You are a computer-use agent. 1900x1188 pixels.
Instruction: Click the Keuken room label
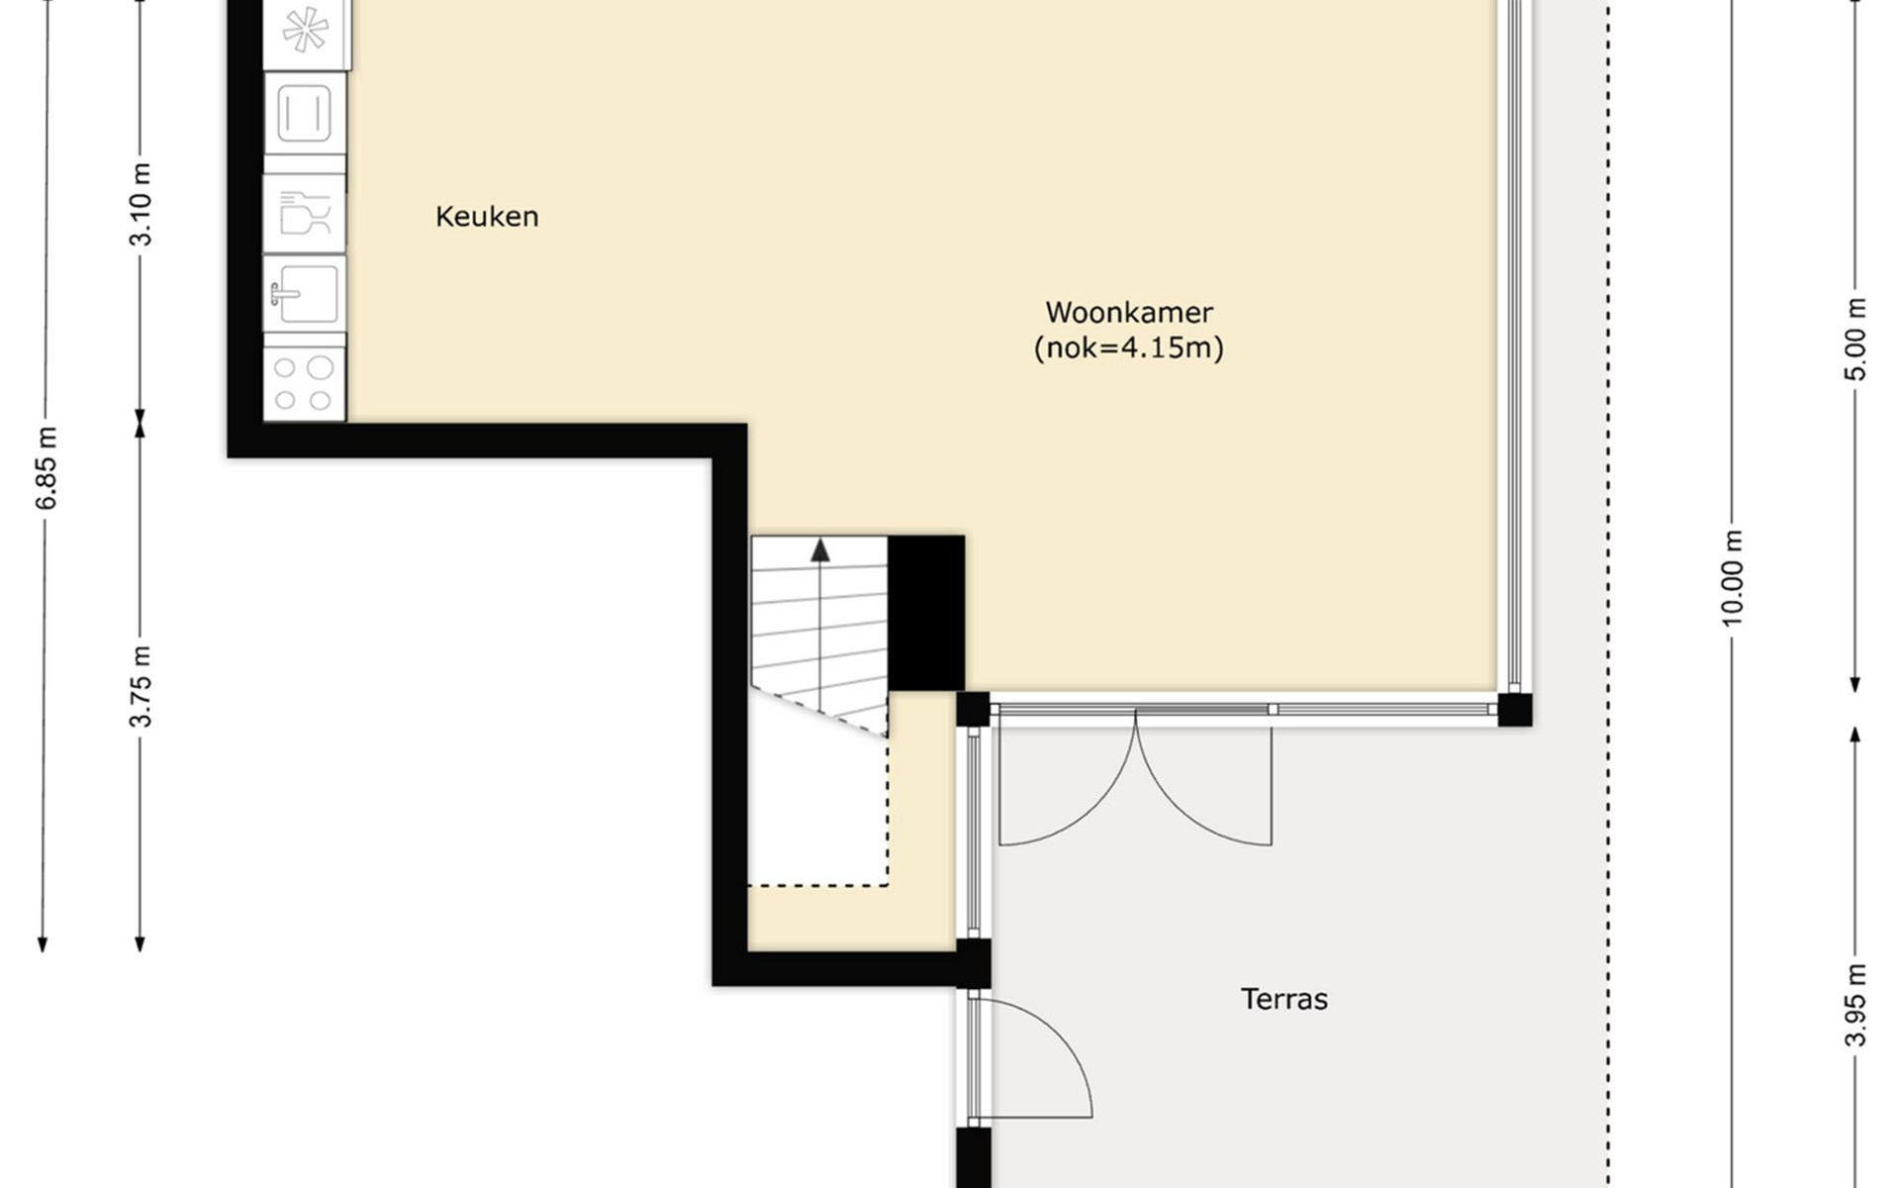point(487,216)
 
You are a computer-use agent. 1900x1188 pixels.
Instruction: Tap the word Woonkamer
point(1129,312)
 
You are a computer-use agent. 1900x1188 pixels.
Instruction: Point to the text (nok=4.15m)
point(1129,348)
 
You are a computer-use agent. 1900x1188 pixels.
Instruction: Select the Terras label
point(1284,999)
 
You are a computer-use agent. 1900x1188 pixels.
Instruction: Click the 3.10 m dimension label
point(141,204)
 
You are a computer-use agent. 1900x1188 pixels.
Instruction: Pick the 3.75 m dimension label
point(141,686)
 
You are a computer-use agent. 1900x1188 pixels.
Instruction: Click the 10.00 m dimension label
point(1732,578)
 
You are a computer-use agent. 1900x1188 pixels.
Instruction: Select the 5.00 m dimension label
point(1856,339)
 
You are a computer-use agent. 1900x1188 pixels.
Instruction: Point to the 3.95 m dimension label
point(1856,1005)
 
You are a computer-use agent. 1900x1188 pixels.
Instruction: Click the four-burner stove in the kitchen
point(305,383)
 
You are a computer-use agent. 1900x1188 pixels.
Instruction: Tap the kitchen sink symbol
point(305,293)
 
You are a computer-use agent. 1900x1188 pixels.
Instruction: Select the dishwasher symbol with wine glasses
point(305,213)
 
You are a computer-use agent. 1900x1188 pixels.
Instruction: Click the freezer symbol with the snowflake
point(307,32)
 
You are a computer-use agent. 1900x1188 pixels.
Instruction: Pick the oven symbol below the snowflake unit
point(305,113)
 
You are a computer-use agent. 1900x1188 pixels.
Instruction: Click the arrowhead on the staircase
point(820,550)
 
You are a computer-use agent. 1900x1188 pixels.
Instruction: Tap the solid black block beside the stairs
point(926,613)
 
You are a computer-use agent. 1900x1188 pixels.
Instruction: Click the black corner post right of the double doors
point(1515,710)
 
